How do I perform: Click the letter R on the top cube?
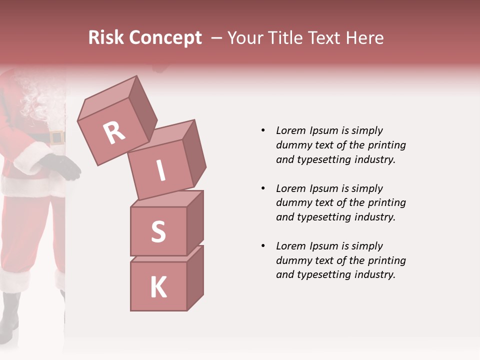pyautogui.click(x=114, y=133)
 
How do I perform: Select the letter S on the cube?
pyautogui.click(x=158, y=232)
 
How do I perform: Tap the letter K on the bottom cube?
pyautogui.click(x=158, y=287)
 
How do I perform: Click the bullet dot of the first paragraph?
pyautogui.click(x=263, y=130)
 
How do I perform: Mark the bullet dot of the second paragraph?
pyautogui.click(x=263, y=188)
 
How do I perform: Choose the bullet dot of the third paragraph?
pyautogui.click(x=263, y=246)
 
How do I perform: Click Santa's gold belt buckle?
pyautogui.click(x=57, y=137)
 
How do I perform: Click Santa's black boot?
pyautogui.click(x=10, y=315)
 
